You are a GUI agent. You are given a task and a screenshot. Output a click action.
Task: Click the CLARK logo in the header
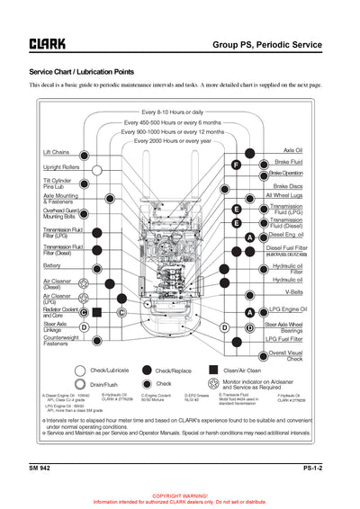click(47, 43)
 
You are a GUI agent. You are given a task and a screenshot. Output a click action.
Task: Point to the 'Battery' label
click(52, 266)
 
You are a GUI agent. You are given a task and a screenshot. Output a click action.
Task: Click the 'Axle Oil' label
click(292, 151)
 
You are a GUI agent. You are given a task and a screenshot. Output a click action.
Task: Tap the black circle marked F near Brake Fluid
click(236, 165)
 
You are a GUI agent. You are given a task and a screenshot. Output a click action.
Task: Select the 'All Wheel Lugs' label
click(283, 195)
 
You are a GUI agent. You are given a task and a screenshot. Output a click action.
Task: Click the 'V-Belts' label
click(293, 292)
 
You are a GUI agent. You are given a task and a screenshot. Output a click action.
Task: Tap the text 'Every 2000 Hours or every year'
click(173, 141)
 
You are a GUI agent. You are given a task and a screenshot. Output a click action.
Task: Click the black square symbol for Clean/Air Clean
click(213, 370)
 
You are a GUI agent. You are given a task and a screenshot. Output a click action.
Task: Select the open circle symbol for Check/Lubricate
click(82, 370)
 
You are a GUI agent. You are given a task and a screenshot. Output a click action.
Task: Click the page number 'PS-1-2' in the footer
click(312, 469)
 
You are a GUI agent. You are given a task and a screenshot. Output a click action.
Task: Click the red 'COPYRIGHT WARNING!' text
click(180, 496)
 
